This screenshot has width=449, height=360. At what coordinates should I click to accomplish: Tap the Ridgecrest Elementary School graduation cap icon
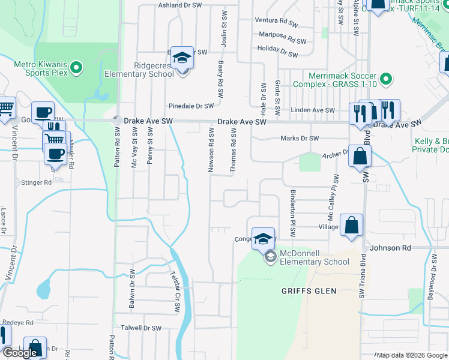(x=181, y=58)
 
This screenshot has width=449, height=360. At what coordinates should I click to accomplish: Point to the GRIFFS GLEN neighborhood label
(x=309, y=291)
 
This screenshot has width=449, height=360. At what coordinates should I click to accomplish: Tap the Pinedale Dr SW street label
(x=191, y=106)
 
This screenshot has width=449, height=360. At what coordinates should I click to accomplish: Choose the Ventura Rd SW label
(x=276, y=22)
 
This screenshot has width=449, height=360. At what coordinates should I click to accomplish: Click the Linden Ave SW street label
(x=312, y=110)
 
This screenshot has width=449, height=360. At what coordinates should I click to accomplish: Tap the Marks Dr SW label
(x=300, y=139)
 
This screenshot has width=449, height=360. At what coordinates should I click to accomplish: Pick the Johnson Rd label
(x=390, y=247)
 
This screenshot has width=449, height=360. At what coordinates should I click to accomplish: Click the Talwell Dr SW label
(x=141, y=328)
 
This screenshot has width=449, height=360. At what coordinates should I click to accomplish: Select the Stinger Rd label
(x=37, y=182)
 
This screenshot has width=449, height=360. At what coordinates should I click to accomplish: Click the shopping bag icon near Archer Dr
(x=359, y=157)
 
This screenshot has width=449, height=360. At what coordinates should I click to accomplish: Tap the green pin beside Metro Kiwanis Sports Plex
(x=76, y=68)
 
